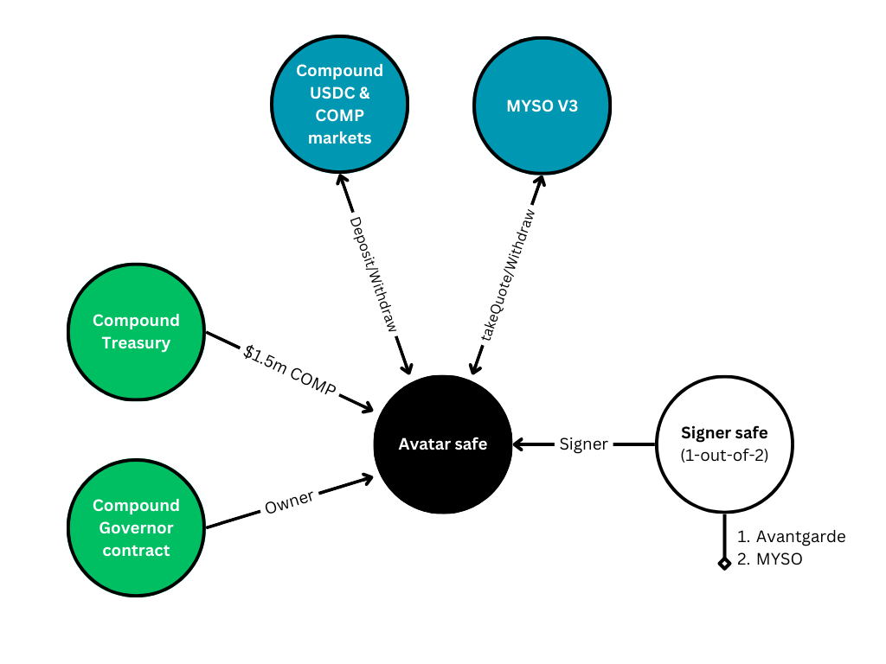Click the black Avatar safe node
(x=443, y=444)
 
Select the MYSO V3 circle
(x=542, y=105)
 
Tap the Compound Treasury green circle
(x=136, y=332)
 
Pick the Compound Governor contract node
(x=136, y=528)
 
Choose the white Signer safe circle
(x=724, y=444)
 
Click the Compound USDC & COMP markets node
(x=339, y=104)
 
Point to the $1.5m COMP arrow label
(x=290, y=370)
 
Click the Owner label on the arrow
(x=289, y=502)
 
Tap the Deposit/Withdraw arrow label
(x=374, y=274)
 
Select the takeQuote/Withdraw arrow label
(x=507, y=275)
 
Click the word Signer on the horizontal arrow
(x=584, y=444)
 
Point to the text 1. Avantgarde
(x=791, y=536)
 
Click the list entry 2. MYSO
(x=769, y=559)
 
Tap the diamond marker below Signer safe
(x=724, y=564)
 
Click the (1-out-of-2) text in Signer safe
(x=724, y=455)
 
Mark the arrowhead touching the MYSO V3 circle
(x=540, y=182)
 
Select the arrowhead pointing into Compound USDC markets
(x=343, y=181)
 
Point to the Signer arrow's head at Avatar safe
(x=520, y=444)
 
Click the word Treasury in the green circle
(x=136, y=343)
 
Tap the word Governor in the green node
(x=136, y=528)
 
